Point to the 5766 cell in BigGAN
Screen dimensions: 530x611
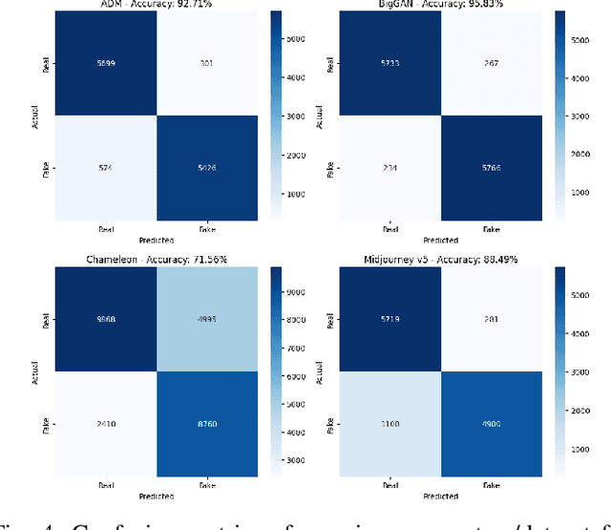[x=490, y=169]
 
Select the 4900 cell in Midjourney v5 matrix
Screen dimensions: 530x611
[x=490, y=423]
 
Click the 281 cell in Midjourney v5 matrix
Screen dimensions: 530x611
[x=490, y=319]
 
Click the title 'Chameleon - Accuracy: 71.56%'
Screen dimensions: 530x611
[x=139, y=258]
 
